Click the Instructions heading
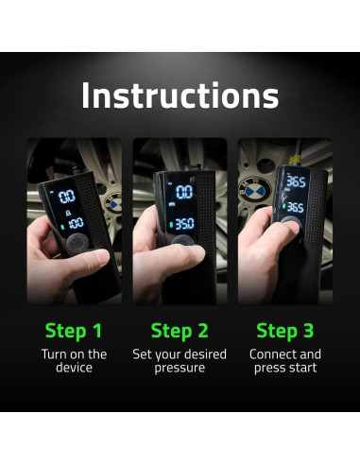[180, 95]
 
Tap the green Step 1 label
[74, 331]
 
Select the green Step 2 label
[180, 331]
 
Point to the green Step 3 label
[285, 331]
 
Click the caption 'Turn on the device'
[74, 361]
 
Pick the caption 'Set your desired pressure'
[180, 361]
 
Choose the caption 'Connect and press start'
[285, 361]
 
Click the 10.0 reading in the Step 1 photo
[76, 223]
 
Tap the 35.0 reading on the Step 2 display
[184, 224]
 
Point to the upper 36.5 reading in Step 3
[296, 181]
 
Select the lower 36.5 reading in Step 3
[296, 207]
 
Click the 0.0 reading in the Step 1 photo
[67, 197]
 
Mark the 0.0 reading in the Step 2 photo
[184, 192]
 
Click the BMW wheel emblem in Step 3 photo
[255, 191]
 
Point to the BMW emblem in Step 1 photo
[113, 203]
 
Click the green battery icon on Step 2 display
[171, 225]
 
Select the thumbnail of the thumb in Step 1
[102, 256]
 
